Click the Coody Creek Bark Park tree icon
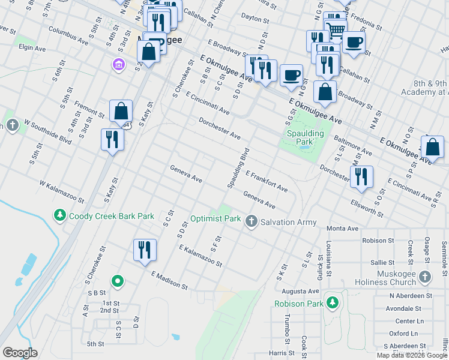[59, 215]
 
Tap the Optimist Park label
[215, 219]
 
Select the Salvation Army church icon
[252, 221]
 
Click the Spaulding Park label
[305, 137]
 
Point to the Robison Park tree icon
[331, 301]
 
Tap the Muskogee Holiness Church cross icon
[425, 277]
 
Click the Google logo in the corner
[20, 353]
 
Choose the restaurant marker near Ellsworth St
[361, 176]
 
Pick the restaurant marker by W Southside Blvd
[112, 139]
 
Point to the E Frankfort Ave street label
[266, 181]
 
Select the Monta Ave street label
[342, 229]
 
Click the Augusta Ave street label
[304, 290]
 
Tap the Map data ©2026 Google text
[412, 355]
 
